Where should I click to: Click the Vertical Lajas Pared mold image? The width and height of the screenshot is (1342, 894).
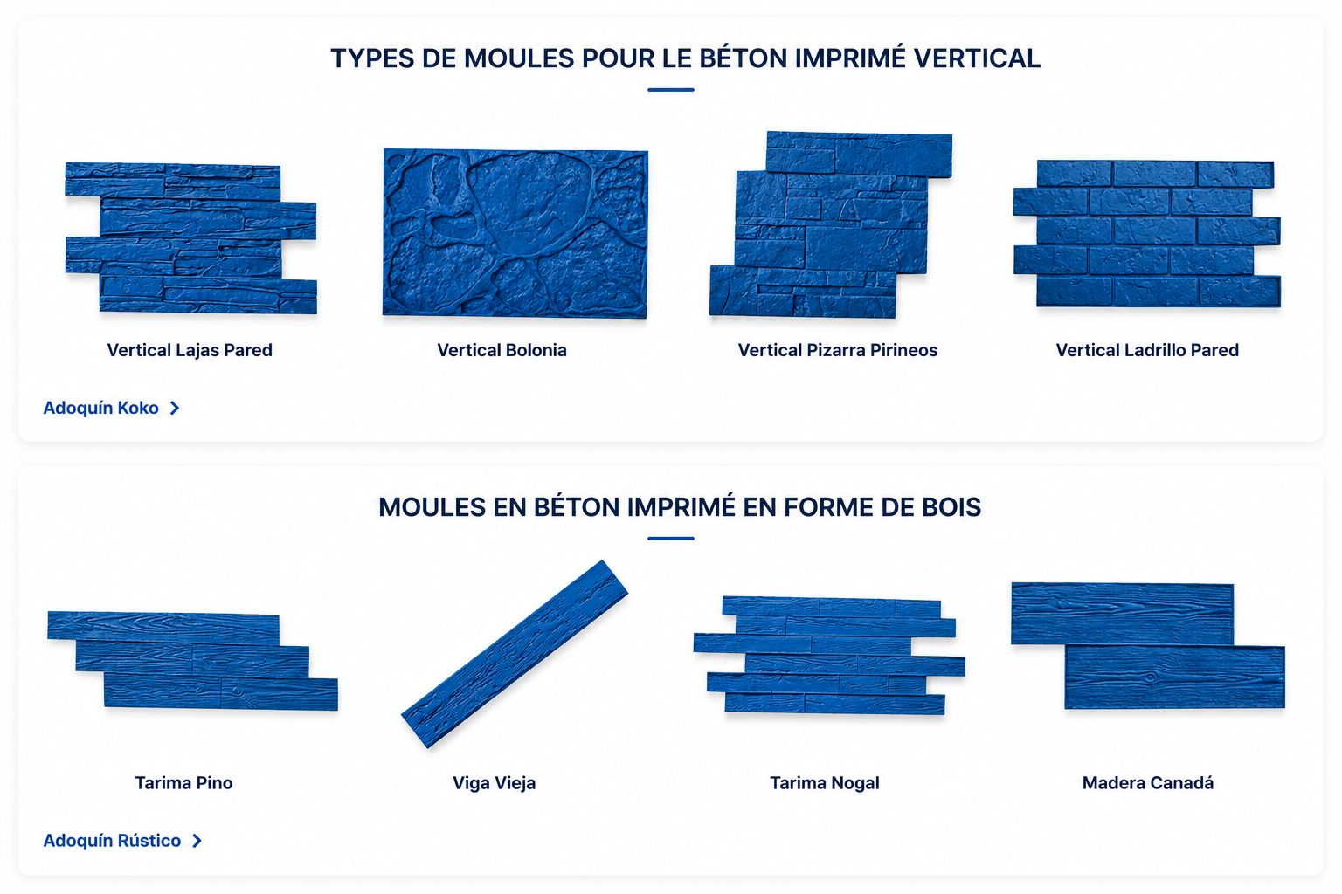click(190, 237)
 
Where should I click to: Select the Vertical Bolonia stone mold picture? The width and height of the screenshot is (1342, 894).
click(515, 233)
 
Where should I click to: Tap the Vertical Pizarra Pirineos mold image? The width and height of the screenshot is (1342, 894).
click(831, 224)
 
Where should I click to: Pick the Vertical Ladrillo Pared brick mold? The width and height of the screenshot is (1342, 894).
click(1146, 233)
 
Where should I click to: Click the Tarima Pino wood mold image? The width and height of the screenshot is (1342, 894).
click(192, 661)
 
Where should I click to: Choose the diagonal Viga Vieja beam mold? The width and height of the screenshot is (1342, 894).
click(515, 654)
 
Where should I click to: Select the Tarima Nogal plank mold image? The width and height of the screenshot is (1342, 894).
click(829, 655)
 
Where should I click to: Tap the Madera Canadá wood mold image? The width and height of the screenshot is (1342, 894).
click(1148, 645)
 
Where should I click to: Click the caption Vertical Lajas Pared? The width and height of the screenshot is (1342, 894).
click(190, 350)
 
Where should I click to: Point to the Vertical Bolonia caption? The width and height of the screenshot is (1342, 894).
click(502, 350)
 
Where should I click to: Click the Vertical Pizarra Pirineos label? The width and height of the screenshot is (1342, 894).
click(838, 350)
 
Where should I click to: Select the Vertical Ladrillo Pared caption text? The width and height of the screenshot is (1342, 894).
click(1146, 350)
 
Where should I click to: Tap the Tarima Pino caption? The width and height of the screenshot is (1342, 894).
click(183, 782)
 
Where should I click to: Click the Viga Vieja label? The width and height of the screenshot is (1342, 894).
click(494, 782)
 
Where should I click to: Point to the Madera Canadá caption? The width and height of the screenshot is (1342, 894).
click(1148, 782)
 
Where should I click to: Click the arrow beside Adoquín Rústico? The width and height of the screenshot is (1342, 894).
click(197, 842)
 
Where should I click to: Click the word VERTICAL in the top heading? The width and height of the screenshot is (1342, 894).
click(977, 58)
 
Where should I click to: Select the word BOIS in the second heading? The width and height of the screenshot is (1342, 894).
click(951, 507)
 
